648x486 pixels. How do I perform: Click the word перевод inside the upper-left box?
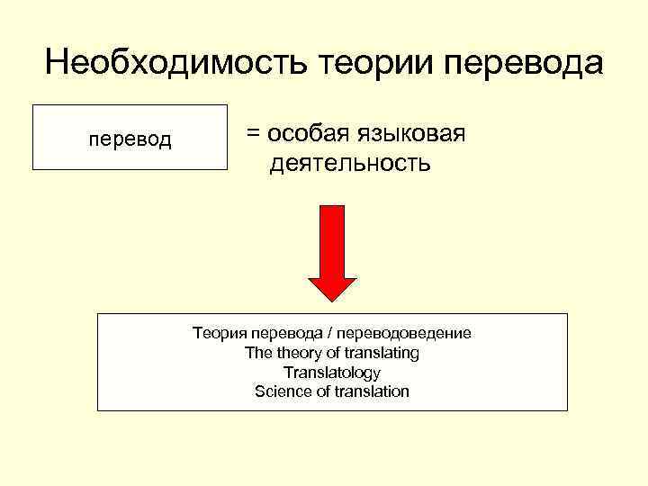point(130,139)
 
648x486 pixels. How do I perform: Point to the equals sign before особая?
point(253,133)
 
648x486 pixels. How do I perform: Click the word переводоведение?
point(416,333)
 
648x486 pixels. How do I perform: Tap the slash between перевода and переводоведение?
point(349,333)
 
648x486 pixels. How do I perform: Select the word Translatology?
point(332,373)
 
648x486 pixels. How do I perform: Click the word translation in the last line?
point(372,391)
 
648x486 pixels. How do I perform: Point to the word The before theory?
point(259,353)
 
